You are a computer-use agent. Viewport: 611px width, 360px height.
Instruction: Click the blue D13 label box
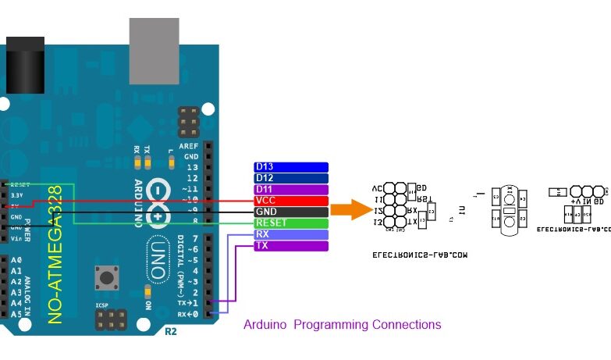pyautogui.click(x=291, y=167)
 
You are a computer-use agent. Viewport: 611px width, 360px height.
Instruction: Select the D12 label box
pyautogui.click(x=291, y=178)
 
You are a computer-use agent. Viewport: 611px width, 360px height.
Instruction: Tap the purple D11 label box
pyautogui.click(x=291, y=190)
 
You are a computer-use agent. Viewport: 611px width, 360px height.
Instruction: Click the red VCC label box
pyautogui.click(x=291, y=201)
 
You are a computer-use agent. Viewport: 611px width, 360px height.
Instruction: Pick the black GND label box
pyautogui.click(x=291, y=212)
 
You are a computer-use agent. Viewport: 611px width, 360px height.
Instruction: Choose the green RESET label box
pyautogui.click(x=291, y=223)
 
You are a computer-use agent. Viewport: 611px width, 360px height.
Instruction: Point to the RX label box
pyautogui.click(x=291, y=234)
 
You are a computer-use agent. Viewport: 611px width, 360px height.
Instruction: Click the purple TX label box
pyautogui.click(x=291, y=246)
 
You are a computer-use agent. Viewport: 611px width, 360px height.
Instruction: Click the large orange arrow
pyautogui.click(x=350, y=210)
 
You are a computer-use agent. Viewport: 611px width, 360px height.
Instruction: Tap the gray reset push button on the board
pyautogui.click(x=105, y=276)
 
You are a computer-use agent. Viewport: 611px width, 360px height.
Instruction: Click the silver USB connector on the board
pyautogui.click(x=154, y=40)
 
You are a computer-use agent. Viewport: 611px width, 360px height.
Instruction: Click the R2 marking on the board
pyautogui.click(x=170, y=331)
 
